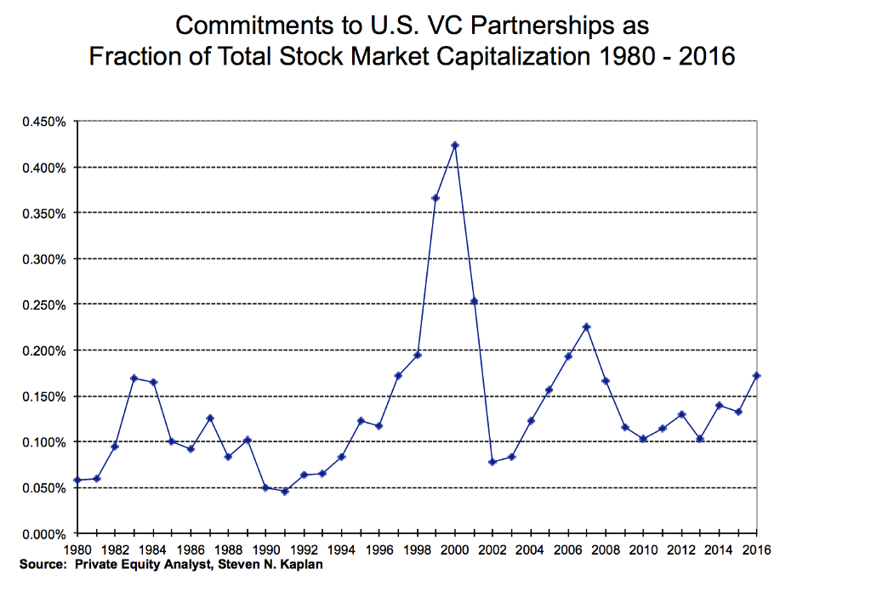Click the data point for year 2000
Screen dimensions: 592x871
(x=455, y=145)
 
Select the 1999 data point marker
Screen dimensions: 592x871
(x=435, y=198)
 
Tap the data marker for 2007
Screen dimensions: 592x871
(x=587, y=327)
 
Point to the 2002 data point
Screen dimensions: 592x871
(x=492, y=462)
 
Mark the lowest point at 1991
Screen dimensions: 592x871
(x=285, y=492)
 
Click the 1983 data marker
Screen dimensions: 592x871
(x=134, y=378)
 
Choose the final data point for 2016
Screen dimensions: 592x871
(x=756, y=376)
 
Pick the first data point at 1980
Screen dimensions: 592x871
(x=77, y=480)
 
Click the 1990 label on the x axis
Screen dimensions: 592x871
(x=266, y=549)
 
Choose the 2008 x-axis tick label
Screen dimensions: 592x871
(x=606, y=549)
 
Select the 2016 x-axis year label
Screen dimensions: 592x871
(x=756, y=549)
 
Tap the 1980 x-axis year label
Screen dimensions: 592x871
(x=77, y=549)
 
